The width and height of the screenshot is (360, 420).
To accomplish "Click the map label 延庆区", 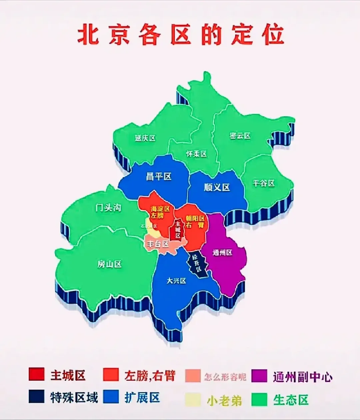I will [x=145, y=138].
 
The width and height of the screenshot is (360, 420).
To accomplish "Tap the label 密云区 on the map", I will [x=240, y=136].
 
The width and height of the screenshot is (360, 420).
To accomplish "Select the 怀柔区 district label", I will [x=196, y=154].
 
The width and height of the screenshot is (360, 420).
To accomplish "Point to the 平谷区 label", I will [x=263, y=183].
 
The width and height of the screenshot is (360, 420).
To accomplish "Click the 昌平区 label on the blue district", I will [x=159, y=177].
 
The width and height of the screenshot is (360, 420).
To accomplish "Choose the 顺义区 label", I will [x=217, y=188].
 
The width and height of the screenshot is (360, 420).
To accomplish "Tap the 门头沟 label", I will [x=108, y=209].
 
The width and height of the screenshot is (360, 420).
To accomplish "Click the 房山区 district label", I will [x=109, y=264].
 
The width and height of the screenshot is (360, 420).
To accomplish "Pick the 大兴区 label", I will [x=176, y=281].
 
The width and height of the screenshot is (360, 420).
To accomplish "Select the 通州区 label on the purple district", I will [x=222, y=253].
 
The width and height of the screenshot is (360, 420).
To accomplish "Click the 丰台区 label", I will [x=158, y=244].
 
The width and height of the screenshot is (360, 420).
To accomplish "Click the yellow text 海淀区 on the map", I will [x=160, y=209].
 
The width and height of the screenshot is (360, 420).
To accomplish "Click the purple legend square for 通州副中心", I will [x=259, y=376].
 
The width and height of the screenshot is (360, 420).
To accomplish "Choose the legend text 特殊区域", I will [x=74, y=398].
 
